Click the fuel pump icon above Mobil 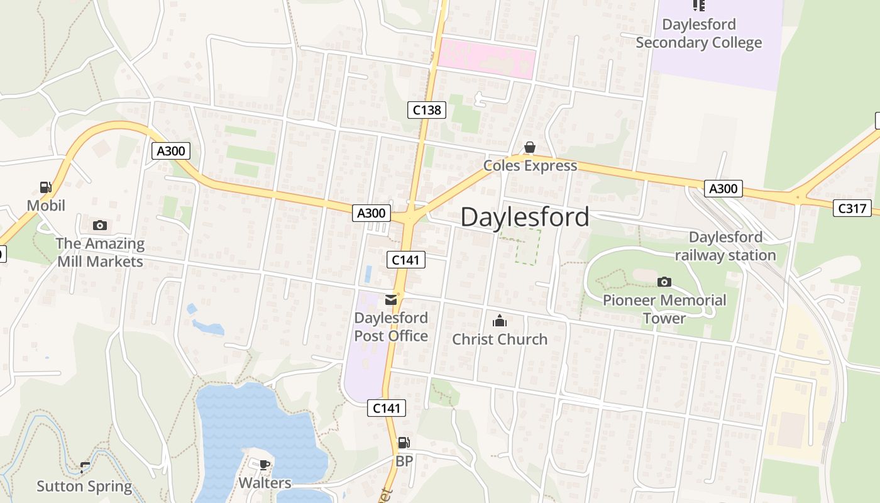coord(45,187)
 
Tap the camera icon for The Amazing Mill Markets coord(99,225)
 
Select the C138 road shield coord(427,110)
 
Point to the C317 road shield coord(852,208)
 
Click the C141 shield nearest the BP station coord(387,408)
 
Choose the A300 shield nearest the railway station coord(723,188)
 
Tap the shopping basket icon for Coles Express coord(530,148)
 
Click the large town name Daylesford coord(525,218)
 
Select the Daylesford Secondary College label coord(698,34)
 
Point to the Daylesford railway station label coord(725,246)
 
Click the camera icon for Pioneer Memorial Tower coord(664,282)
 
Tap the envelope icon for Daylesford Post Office coord(391,300)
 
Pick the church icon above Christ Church coord(500,321)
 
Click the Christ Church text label coord(500,340)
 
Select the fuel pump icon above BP coord(404,443)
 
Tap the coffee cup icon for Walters coord(265,465)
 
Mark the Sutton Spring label coord(84,486)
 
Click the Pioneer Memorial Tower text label coord(664,309)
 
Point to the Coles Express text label coord(530,166)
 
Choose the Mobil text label coord(46,206)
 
